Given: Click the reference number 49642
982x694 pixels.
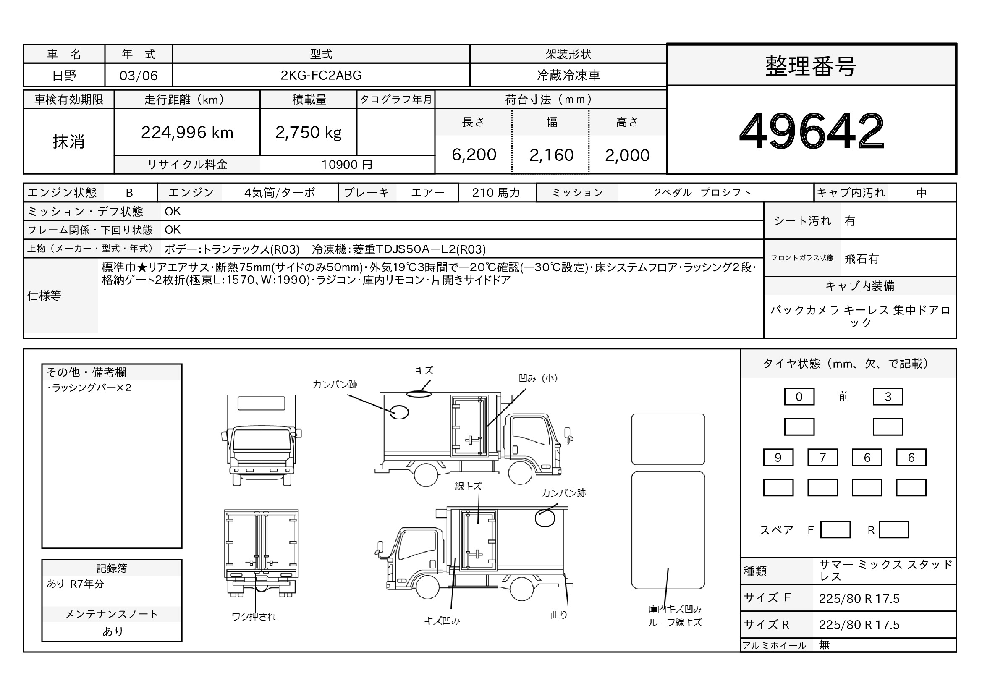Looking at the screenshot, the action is pos(812,131).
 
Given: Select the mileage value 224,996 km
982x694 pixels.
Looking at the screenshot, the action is pos(187,133).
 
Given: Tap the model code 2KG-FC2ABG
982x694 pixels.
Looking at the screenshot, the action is pos(321,75).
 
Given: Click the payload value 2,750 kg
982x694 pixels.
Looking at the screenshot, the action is pos(309,133).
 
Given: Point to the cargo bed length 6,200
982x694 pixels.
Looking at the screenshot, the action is pos(474,155).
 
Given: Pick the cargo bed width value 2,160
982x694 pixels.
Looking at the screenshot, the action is pos(551,155).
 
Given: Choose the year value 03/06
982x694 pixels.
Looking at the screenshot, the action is pos(139,76).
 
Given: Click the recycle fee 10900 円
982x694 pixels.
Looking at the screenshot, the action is pos(347,165).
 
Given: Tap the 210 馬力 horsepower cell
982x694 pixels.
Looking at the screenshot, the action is pos(496,193).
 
